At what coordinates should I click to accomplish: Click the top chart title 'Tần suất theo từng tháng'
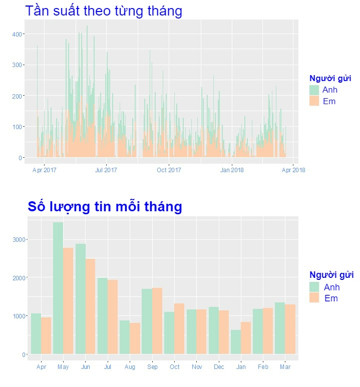[x=104, y=11]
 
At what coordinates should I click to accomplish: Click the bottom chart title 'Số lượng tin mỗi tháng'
[x=105, y=206]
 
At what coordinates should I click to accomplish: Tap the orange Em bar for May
[x=68, y=300]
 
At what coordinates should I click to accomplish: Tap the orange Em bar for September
[x=157, y=320]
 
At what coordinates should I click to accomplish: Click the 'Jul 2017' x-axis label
[x=106, y=170]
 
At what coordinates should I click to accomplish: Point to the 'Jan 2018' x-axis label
[x=232, y=170]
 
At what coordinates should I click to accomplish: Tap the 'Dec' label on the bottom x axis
[x=218, y=367]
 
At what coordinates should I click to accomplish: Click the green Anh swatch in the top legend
[x=314, y=90]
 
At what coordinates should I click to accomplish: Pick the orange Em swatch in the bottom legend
[x=314, y=298]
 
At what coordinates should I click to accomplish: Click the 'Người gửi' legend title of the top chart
[x=330, y=78]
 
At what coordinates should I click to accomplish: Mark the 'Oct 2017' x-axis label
[x=169, y=170]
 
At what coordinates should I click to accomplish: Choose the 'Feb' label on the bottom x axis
[x=263, y=367]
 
